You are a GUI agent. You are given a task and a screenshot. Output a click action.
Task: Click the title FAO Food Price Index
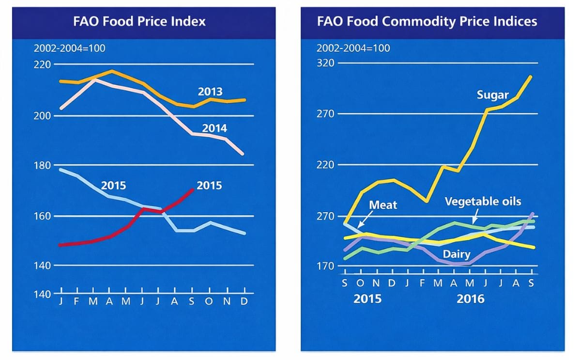[x=140, y=21]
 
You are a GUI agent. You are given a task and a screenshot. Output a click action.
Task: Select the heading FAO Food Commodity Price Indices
[x=427, y=21]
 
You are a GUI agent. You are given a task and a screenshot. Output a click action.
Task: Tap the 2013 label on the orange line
[x=210, y=92]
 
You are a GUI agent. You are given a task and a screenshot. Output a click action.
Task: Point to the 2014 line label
[x=214, y=128]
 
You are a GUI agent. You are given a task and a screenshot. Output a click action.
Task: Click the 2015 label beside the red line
[x=209, y=185]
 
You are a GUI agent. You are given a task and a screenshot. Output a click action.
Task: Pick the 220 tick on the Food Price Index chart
[x=44, y=64]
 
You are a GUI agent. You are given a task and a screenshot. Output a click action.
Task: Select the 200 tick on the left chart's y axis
[x=44, y=115]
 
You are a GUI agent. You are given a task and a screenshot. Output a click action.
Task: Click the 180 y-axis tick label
[x=44, y=166]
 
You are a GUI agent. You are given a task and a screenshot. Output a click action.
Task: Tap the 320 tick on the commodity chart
[x=326, y=63]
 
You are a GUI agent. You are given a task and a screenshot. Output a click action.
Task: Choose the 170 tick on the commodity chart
[x=326, y=266]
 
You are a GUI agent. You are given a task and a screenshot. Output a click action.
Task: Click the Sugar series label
[x=492, y=94]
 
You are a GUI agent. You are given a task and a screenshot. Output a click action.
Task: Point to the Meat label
[x=383, y=205]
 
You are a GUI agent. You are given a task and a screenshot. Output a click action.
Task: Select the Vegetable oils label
[x=483, y=201]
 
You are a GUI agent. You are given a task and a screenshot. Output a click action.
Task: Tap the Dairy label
[x=457, y=253]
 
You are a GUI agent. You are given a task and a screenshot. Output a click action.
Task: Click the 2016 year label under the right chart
[x=470, y=298]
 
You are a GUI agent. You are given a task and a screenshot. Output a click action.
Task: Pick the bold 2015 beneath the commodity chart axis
[x=367, y=298]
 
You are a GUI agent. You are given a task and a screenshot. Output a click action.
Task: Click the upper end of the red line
[x=193, y=189]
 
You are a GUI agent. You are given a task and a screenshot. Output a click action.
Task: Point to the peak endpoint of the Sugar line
[x=531, y=76]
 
